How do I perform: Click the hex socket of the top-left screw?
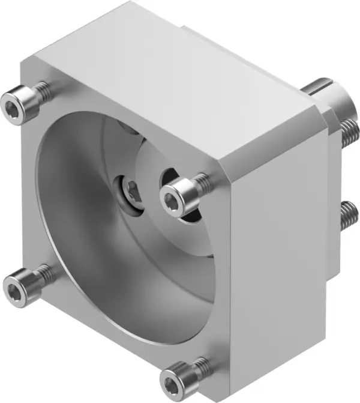click(x=13, y=108)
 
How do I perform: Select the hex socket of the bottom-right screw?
click(x=172, y=381)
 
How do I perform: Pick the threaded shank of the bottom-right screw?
click(x=200, y=365)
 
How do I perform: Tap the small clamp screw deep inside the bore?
click(x=130, y=190)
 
